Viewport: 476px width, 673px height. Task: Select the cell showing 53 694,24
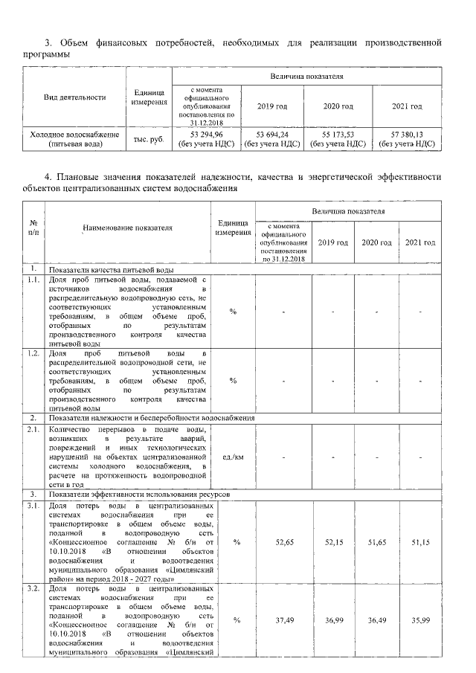coord(266,135)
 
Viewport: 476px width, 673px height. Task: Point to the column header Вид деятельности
coord(75,97)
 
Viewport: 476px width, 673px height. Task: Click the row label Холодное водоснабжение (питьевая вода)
coord(74,139)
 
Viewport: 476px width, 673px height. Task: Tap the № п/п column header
coord(33,228)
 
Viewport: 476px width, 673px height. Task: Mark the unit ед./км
coord(233,456)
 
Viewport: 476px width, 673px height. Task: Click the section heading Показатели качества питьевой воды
coord(112,268)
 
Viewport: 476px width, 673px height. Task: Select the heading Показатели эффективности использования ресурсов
coord(135,494)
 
